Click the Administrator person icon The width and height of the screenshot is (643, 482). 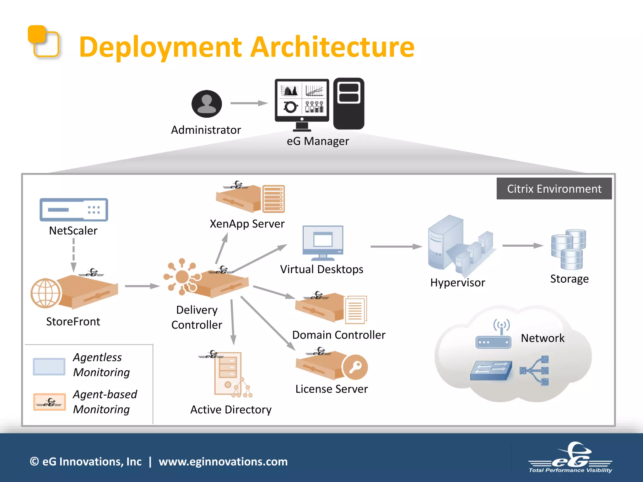(207, 104)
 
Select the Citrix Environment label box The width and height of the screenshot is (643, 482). (554, 189)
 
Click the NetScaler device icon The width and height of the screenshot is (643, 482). (74, 210)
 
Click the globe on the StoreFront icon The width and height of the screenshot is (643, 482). (46, 293)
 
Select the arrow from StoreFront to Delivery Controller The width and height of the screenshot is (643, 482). (142, 286)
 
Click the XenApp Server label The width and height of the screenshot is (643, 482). (247, 224)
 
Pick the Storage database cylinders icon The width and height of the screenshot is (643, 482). (569, 249)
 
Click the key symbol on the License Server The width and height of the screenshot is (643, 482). (355, 367)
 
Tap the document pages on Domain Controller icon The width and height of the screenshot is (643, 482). (356, 309)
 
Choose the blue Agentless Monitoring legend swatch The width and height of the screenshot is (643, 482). (49, 366)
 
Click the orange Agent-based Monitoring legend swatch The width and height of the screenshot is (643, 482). (50, 402)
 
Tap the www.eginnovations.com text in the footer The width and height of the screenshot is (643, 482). (223, 462)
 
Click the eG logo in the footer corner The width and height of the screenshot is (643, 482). (570, 457)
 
